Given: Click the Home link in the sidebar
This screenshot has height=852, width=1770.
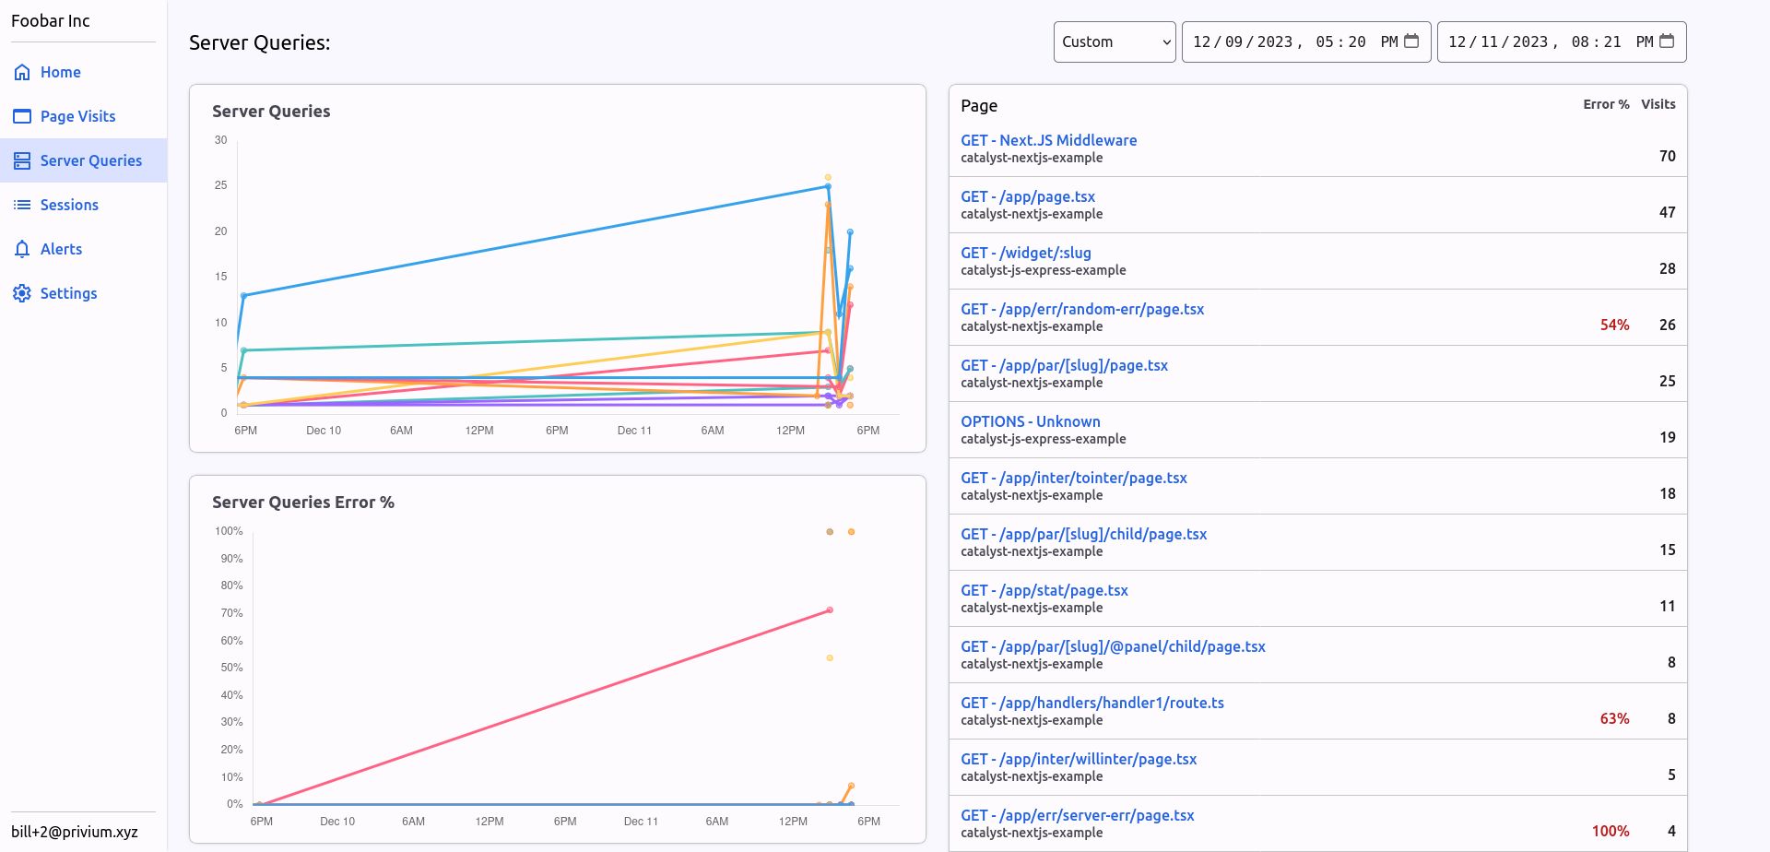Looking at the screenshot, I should point(60,72).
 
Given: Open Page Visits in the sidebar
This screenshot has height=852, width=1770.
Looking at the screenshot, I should point(77,116).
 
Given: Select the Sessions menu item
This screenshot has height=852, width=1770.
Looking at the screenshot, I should point(69,205).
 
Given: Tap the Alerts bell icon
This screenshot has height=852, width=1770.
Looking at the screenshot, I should point(22,249).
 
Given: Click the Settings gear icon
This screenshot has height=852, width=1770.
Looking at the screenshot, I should point(22,293).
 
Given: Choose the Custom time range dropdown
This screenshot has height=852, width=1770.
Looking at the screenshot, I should point(1114,41).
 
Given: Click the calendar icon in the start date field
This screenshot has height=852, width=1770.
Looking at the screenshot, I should point(1410,41).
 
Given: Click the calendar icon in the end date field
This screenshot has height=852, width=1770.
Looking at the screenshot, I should point(1666,41).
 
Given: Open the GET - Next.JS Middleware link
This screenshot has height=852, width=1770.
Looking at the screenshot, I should point(1048,140).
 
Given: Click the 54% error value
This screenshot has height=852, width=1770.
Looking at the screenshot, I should point(1614,325).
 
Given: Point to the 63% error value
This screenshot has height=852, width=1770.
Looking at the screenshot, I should point(1614,718).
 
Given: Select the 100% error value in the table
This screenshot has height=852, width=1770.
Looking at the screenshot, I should point(1610,831).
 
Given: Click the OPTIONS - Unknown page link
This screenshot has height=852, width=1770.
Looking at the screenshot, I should point(1030,421).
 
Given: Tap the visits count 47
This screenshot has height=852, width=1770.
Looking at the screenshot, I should point(1667,212).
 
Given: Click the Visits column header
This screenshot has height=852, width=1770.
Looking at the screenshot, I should point(1658,104).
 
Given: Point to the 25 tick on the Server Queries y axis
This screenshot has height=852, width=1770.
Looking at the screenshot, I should point(220,185).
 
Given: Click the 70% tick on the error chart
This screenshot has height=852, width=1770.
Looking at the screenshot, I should point(231,613).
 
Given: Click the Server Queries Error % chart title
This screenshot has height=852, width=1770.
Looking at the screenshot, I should point(302,503).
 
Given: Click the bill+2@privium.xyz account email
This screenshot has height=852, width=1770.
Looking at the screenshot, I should point(75,832).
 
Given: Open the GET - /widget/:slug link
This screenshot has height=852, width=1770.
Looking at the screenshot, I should point(1025,253).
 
